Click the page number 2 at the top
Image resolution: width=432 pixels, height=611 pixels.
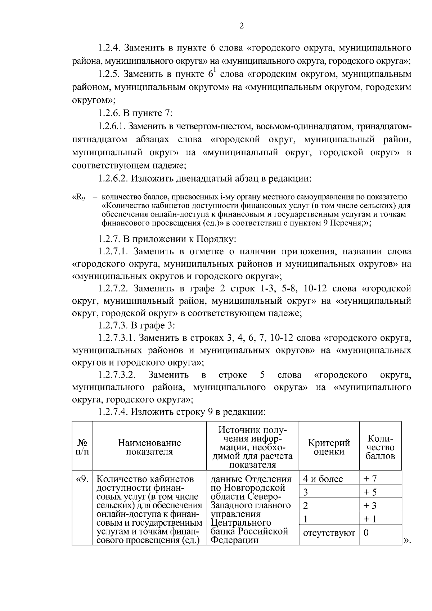(x=242, y=26)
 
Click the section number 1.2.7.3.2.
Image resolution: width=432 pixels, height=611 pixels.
(x=117, y=375)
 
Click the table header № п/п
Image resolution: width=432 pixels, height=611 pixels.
(x=82, y=447)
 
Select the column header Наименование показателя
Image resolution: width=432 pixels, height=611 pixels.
(x=149, y=447)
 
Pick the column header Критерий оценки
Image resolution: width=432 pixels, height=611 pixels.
(x=329, y=447)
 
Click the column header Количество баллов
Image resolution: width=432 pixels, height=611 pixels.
(x=381, y=447)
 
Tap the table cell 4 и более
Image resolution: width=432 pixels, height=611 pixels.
(x=323, y=479)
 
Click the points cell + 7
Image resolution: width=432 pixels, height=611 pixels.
(x=370, y=479)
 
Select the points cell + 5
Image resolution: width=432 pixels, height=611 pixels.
(x=370, y=492)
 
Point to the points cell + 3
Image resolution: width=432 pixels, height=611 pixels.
(x=370, y=505)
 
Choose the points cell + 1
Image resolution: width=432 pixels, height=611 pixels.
(x=370, y=519)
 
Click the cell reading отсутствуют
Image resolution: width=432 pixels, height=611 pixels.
(x=329, y=533)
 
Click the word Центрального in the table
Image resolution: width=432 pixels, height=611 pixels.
(x=240, y=523)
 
